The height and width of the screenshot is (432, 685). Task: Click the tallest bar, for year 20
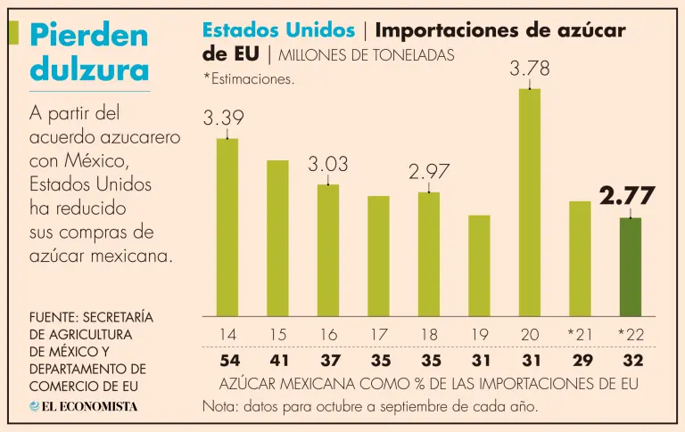pyautogui.click(x=530, y=202)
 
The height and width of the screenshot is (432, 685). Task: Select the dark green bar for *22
pyautogui.click(x=631, y=267)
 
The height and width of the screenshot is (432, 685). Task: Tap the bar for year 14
pyautogui.click(x=227, y=227)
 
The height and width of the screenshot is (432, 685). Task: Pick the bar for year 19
pyautogui.click(x=479, y=265)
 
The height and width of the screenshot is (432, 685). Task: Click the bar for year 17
pyautogui.click(x=378, y=256)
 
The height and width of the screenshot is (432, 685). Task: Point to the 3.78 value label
pyautogui.click(x=530, y=68)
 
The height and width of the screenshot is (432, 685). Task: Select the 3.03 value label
pyautogui.click(x=328, y=165)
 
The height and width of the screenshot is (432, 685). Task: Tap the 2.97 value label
pyautogui.click(x=429, y=172)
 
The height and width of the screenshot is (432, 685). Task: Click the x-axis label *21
pyautogui.click(x=580, y=334)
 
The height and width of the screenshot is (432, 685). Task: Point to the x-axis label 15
pyautogui.click(x=277, y=334)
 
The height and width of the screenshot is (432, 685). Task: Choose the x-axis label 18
pyautogui.click(x=429, y=334)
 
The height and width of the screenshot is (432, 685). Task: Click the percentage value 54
pyautogui.click(x=227, y=362)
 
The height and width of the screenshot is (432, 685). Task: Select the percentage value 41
pyautogui.click(x=277, y=362)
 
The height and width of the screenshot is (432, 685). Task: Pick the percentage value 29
pyautogui.click(x=580, y=362)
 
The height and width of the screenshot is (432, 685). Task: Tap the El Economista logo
pyautogui.click(x=84, y=406)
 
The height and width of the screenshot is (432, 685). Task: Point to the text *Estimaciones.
pyautogui.click(x=249, y=79)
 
